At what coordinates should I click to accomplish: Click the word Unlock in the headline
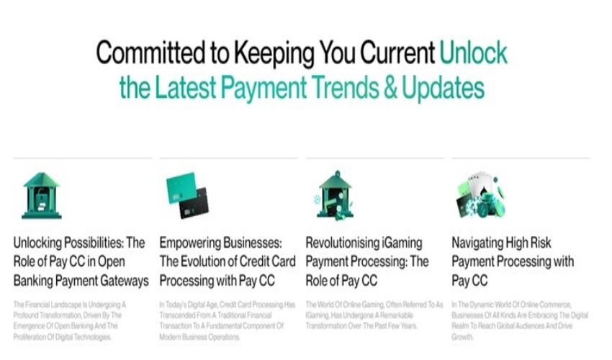[x=474, y=53]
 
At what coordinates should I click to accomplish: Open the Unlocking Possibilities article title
[x=81, y=261]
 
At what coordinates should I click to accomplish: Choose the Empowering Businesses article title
[x=227, y=261]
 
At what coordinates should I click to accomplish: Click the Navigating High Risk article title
[x=513, y=261]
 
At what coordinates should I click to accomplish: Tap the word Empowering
[x=192, y=243]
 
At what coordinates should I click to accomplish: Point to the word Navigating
[x=480, y=243]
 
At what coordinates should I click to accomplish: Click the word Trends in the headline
[x=342, y=88]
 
